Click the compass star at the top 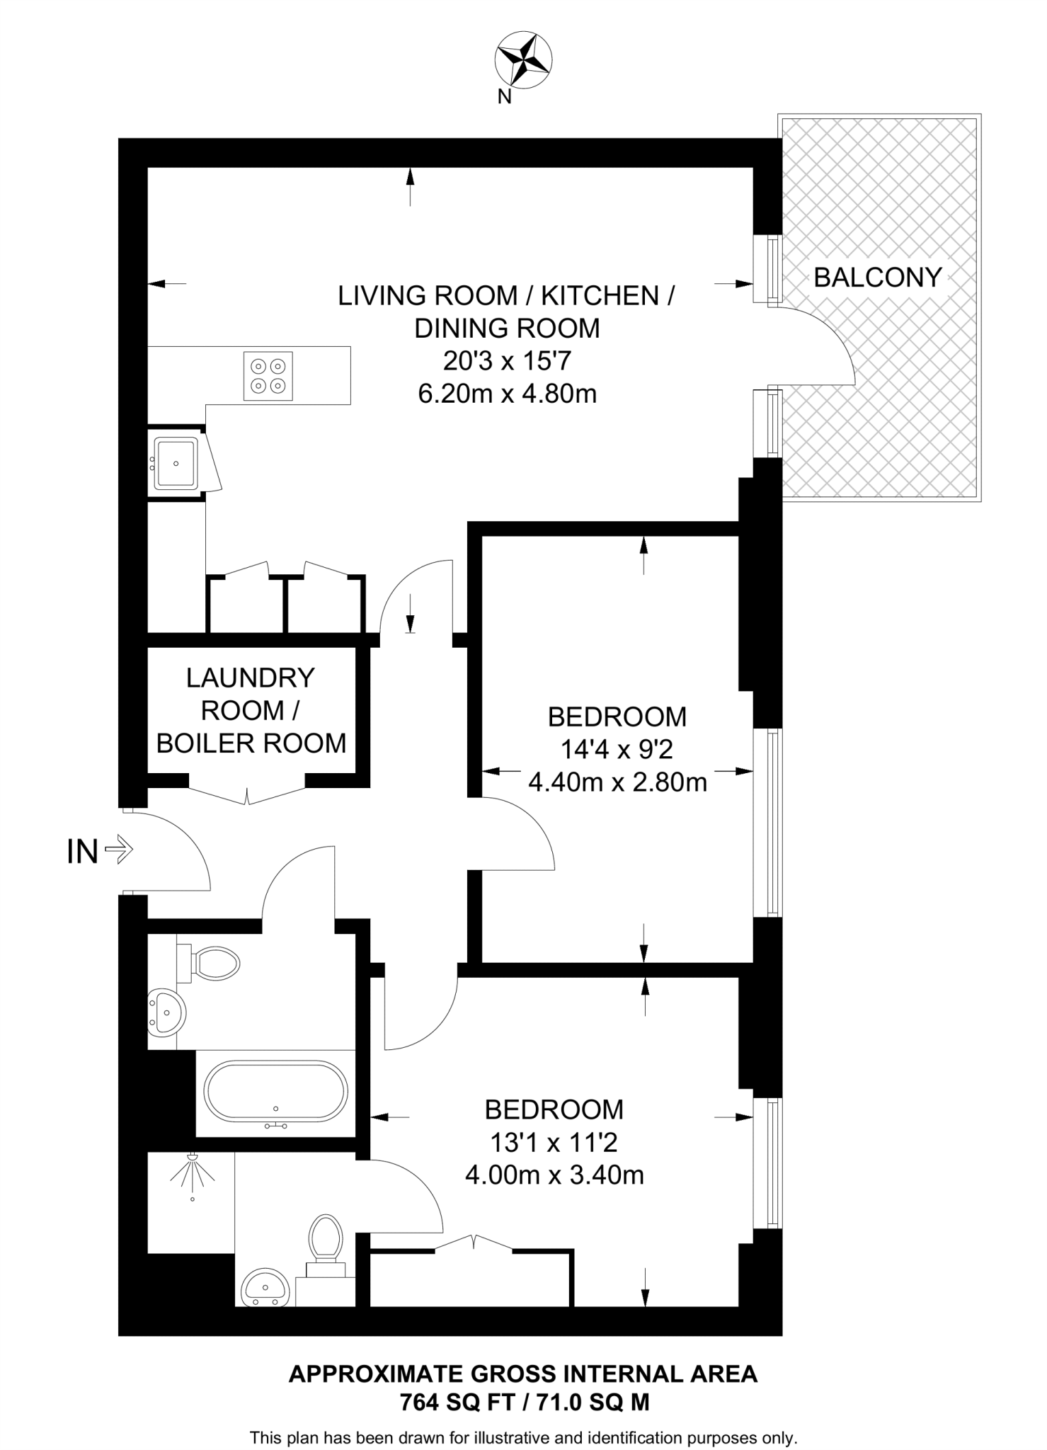click(x=523, y=59)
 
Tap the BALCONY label click(x=877, y=277)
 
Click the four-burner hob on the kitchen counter click(x=268, y=376)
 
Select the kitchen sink click(x=176, y=463)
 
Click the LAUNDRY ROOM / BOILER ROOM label click(x=251, y=710)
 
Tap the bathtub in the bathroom click(x=276, y=1091)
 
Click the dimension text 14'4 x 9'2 click(x=617, y=749)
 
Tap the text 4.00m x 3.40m click(x=554, y=1175)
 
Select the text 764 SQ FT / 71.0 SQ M click(x=524, y=1401)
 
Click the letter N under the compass click(x=504, y=98)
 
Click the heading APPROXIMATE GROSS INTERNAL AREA click(x=523, y=1374)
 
